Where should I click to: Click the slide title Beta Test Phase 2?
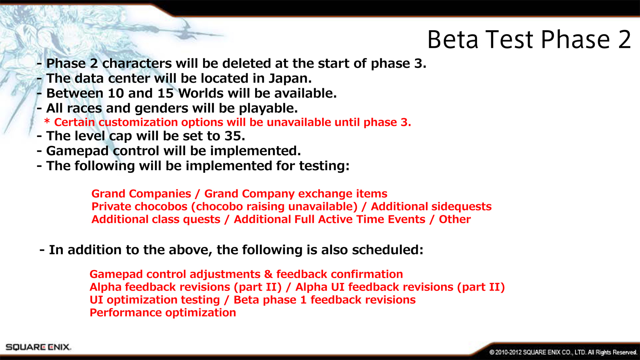[529, 40]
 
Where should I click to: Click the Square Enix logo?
[38, 347]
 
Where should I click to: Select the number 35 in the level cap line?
[234, 136]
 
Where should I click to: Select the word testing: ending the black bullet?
[324, 166]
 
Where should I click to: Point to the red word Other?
[455, 219]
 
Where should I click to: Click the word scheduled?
[387, 250]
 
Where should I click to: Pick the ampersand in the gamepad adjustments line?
[268, 274]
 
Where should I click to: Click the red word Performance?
[126, 313]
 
